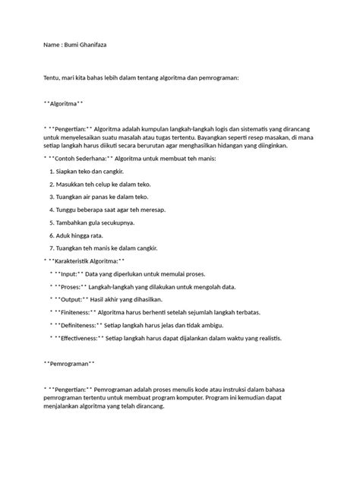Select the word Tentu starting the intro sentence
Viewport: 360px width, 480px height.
click(54, 78)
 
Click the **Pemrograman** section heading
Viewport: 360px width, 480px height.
click(70, 365)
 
